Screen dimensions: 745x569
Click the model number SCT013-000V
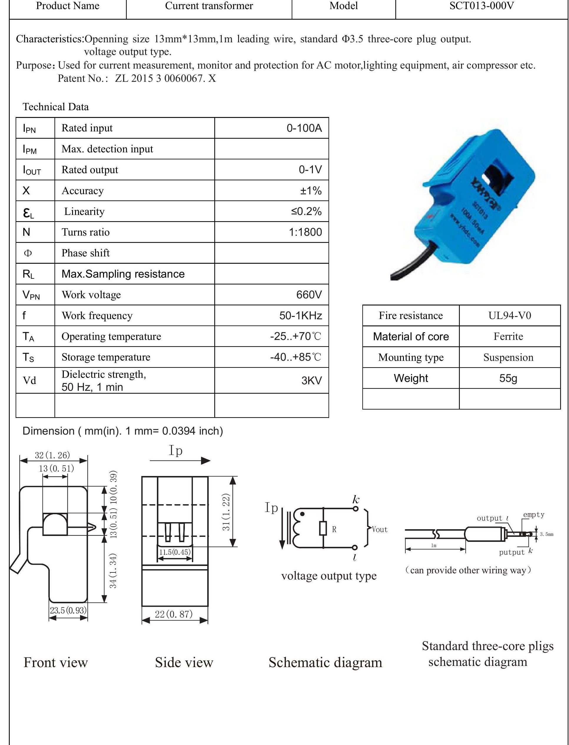coord(481,6)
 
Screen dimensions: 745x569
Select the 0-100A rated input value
coord(304,128)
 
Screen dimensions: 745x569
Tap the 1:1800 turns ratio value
coord(305,232)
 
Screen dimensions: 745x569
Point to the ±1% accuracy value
coord(310,191)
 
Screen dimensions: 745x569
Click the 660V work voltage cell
coord(308,295)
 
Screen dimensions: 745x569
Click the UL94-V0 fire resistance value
coord(509,315)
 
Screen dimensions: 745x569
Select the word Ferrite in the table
coord(508,336)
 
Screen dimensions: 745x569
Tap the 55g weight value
coord(508,378)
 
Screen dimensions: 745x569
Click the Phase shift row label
coord(85,253)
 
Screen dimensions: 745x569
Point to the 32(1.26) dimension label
coord(52,455)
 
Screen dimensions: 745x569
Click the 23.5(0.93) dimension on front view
coord(68,610)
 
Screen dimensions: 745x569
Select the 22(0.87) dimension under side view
coord(174,614)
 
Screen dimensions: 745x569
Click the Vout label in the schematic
coord(379,529)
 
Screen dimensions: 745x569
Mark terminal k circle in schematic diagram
coord(355,508)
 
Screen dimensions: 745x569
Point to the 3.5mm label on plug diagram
coord(546,534)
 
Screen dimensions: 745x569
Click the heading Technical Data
coord(56,107)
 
